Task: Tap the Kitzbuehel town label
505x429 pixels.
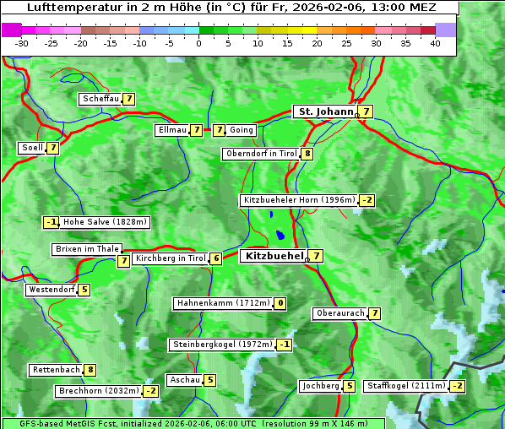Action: click(273, 255)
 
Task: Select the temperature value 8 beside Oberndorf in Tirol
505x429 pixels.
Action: click(307, 154)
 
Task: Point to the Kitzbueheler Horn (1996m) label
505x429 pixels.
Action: click(299, 200)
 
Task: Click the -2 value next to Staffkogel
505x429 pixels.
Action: click(457, 386)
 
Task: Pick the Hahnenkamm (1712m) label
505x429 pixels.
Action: click(223, 303)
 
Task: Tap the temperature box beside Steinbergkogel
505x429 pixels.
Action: click(285, 345)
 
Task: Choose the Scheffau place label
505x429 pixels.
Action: click(100, 99)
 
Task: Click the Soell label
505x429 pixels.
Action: click(32, 148)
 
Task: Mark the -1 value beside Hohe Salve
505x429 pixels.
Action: click(52, 222)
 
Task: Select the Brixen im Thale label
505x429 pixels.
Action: click(87, 249)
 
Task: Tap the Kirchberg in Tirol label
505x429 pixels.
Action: click(170, 258)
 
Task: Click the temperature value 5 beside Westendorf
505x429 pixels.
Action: click(84, 290)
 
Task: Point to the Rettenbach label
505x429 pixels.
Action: click(57, 370)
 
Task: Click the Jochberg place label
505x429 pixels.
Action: click(320, 386)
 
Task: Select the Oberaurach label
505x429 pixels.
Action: click(339, 313)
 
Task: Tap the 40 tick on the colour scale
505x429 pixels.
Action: click(435, 43)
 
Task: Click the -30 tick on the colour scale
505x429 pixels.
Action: click(22, 43)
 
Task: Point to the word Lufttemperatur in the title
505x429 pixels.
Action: click(67, 8)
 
